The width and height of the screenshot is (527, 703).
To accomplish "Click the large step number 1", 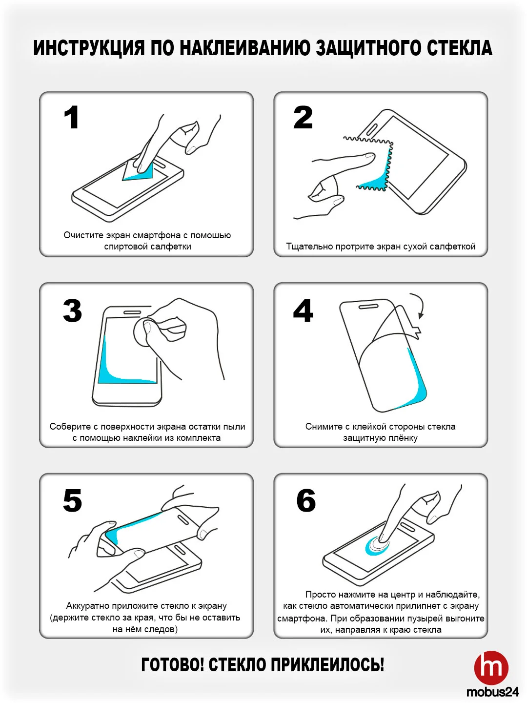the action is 72,117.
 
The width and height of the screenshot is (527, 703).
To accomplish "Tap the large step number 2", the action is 303,117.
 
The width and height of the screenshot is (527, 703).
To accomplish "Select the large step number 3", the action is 72,310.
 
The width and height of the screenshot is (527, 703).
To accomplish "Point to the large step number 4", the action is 303,310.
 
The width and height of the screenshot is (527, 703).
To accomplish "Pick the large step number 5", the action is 72,500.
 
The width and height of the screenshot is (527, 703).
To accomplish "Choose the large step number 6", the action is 306,500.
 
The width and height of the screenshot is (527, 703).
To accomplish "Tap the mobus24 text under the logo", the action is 492,692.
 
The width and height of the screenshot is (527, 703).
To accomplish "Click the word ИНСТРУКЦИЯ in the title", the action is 89,48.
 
